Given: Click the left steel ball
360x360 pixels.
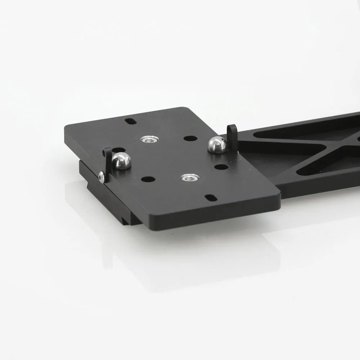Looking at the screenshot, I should click(121, 161).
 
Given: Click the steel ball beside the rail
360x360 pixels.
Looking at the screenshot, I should click(217, 145).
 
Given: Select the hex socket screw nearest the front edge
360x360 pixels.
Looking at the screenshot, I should click(190, 177).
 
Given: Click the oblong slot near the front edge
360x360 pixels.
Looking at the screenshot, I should click(210, 197).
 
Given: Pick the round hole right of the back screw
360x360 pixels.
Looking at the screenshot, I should click(190, 138).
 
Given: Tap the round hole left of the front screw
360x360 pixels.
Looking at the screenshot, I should click(148, 179).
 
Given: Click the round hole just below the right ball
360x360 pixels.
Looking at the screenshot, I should click(221, 167).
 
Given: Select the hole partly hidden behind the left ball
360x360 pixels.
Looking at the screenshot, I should click(119, 150).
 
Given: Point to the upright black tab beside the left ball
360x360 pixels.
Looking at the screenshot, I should click(107, 162).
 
